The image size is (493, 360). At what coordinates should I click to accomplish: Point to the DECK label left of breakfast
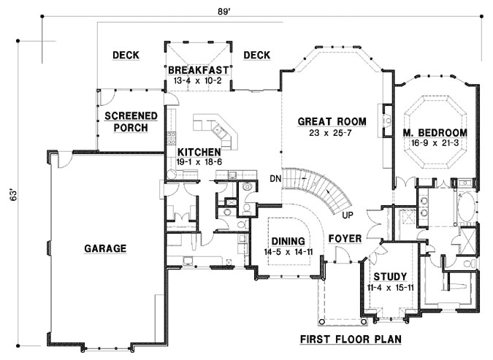126,55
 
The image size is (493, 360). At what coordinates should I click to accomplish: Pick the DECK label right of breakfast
256,55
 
